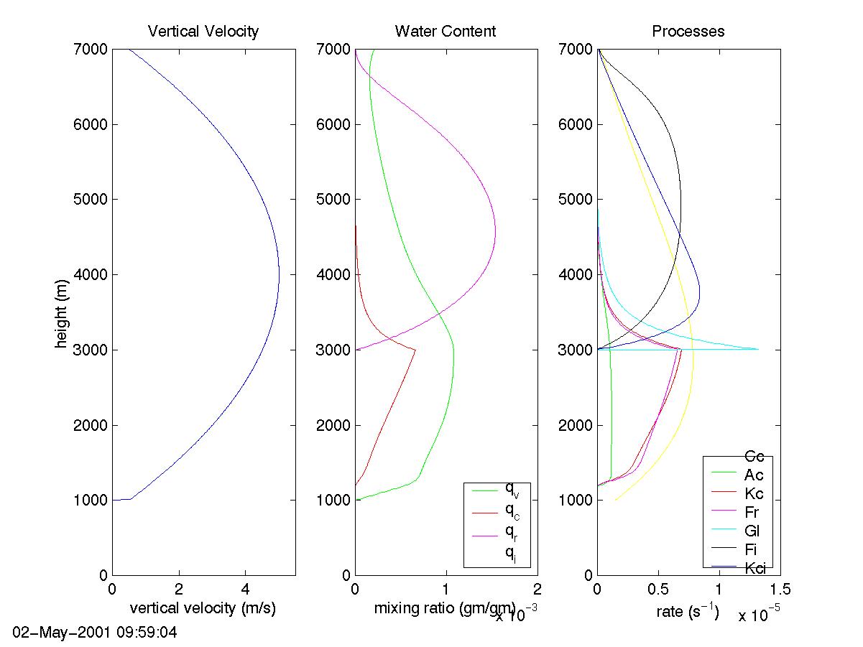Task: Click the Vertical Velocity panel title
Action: (203, 31)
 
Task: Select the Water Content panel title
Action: (445, 31)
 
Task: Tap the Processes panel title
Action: (688, 31)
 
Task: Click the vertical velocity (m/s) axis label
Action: (203, 609)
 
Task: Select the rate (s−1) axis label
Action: (688, 612)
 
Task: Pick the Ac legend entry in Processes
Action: (754, 475)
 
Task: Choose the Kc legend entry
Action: (754, 493)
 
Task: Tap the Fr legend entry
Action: (752, 512)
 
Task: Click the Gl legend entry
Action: (752, 531)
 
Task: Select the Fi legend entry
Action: (752, 549)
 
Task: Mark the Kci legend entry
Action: (754, 568)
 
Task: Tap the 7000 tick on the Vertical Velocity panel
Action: (91, 50)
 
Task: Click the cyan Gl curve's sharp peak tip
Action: (758, 349)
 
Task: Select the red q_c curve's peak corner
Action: (415, 350)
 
